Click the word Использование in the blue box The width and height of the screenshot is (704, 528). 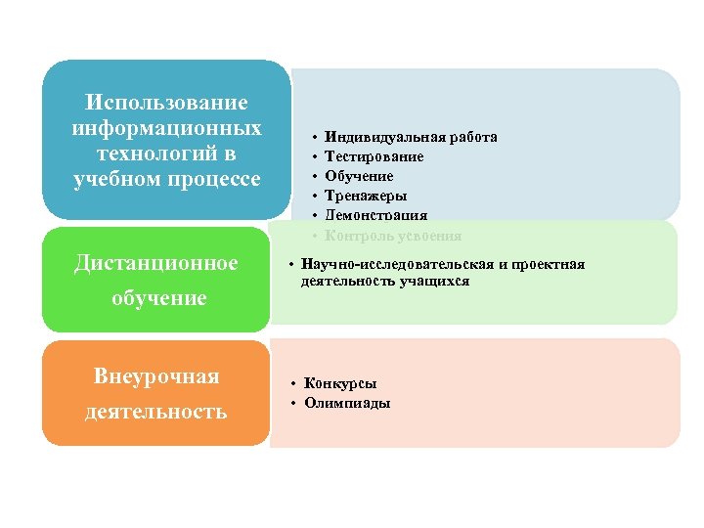click(x=167, y=103)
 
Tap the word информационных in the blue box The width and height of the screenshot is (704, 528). click(x=167, y=128)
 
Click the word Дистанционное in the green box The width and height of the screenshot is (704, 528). click(x=156, y=263)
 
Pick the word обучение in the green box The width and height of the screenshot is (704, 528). click(x=158, y=298)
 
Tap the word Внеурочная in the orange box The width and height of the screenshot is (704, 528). click(x=156, y=376)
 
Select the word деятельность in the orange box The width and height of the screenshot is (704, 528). click(x=156, y=412)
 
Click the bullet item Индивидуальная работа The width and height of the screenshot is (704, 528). click(x=411, y=137)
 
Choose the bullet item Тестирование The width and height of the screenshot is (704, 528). click(x=374, y=156)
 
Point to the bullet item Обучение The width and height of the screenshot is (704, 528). click(x=359, y=176)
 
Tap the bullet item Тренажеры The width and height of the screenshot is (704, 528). click(x=365, y=196)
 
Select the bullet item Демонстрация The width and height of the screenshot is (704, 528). click(x=376, y=215)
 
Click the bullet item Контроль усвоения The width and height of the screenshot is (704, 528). click(x=393, y=236)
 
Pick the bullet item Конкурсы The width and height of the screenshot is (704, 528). click(x=340, y=383)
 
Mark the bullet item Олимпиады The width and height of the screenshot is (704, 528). click(x=347, y=403)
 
